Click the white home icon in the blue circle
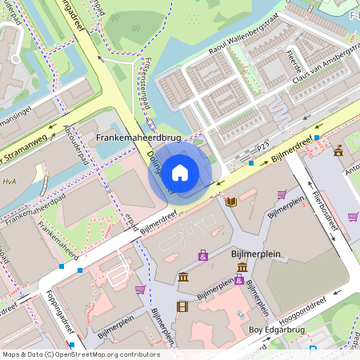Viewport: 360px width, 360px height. [180, 171]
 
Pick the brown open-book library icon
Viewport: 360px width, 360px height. [231, 202]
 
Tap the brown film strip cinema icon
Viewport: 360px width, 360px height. [182, 306]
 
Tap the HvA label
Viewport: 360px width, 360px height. [10, 182]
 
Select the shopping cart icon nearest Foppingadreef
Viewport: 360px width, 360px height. [140, 289]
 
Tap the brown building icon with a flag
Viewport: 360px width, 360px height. [338, 150]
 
